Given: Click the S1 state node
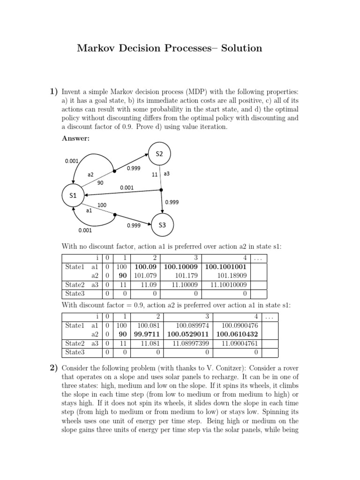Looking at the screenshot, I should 73,196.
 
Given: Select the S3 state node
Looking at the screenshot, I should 162,225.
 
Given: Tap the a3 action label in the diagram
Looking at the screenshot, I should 166,174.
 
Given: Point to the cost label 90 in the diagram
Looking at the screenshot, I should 100,183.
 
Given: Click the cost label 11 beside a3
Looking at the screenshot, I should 155,174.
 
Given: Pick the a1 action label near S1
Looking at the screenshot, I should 89,211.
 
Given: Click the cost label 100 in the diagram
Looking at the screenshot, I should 102,205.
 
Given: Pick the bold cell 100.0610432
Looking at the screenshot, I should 238,334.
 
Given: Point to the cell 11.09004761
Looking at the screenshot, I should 240,343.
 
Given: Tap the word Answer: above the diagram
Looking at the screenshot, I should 75,138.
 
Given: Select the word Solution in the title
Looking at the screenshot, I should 240,48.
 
